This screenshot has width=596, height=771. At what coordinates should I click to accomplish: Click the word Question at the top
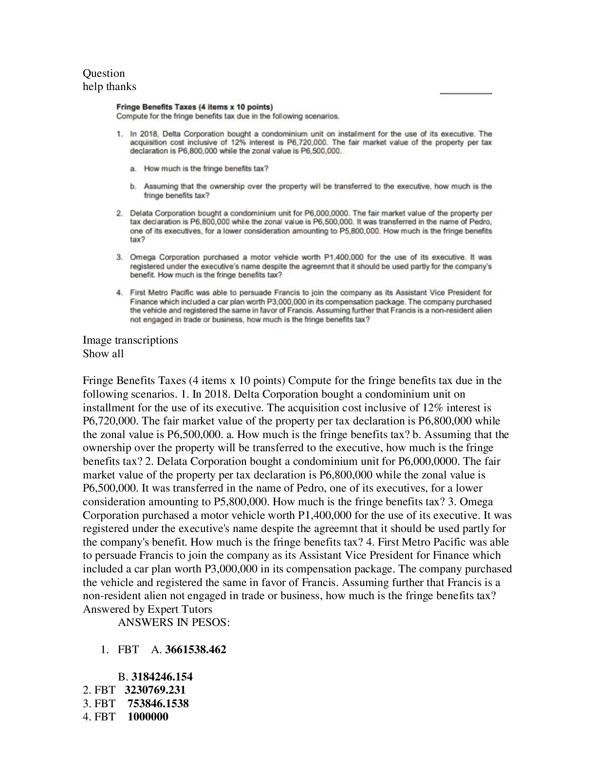[x=104, y=73]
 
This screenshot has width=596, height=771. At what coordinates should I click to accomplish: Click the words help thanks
[x=110, y=87]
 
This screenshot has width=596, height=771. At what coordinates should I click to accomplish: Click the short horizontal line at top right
[x=466, y=93]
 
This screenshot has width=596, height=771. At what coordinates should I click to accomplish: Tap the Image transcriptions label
[x=130, y=340]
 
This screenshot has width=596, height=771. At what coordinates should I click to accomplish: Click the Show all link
[x=103, y=354]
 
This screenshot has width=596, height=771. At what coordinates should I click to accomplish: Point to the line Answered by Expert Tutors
[x=148, y=609]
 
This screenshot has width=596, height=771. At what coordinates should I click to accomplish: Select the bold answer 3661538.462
[x=196, y=650]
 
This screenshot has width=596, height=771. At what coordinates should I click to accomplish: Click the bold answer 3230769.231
[x=155, y=690]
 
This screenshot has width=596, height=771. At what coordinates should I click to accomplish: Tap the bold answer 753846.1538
[x=158, y=703]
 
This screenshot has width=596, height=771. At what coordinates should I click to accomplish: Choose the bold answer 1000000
[x=148, y=717]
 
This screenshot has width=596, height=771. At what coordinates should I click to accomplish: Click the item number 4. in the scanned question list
[x=119, y=293]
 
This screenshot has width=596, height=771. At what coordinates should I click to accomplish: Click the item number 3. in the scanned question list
[x=119, y=257]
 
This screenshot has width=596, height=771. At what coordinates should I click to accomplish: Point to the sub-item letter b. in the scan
[x=133, y=186]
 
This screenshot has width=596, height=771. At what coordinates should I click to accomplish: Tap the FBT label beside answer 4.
[x=105, y=717]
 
